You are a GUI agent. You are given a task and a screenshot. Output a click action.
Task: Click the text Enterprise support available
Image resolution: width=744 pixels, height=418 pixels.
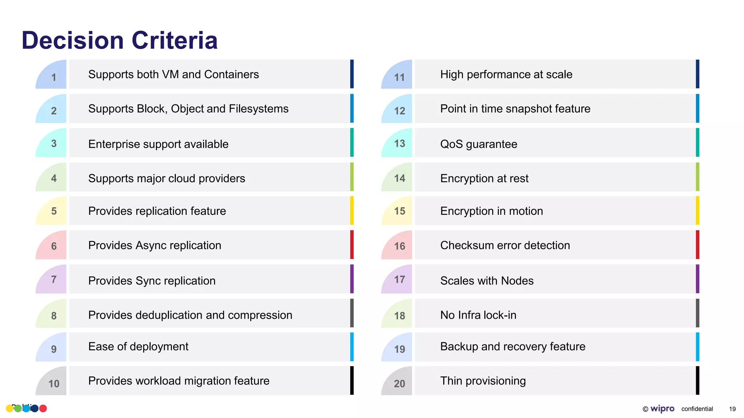tap(158, 144)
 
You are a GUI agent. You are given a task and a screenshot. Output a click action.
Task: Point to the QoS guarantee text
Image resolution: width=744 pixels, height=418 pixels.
tap(478, 144)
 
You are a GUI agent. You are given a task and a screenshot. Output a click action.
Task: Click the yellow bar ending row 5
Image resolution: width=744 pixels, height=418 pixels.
tap(352, 210)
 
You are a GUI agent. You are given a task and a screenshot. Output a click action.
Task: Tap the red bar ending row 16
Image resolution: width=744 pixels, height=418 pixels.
tap(697, 245)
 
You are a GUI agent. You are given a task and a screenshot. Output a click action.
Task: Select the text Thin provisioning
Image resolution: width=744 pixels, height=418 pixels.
tap(483, 381)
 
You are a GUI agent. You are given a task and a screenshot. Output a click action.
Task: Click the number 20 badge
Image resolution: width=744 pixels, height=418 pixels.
tap(399, 383)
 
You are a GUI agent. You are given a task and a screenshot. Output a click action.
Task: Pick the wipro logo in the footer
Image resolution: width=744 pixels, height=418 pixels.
tap(662, 409)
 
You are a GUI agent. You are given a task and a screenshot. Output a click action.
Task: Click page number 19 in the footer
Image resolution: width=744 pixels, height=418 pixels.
tap(732, 409)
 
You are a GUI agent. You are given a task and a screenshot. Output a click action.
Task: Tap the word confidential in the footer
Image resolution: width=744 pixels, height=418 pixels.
tap(697, 409)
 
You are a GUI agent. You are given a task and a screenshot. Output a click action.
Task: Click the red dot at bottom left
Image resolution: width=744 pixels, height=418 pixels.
tap(43, 409)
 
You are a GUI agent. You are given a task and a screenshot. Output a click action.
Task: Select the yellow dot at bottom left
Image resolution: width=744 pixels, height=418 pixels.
tap(9, 409)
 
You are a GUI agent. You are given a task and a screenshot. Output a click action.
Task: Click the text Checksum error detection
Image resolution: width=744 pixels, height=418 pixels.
tap(505, 245)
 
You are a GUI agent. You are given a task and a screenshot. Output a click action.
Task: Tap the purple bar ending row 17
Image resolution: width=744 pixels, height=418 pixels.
tap(697, 279)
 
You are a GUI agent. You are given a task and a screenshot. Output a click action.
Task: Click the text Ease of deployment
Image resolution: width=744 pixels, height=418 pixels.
tap(138, 347)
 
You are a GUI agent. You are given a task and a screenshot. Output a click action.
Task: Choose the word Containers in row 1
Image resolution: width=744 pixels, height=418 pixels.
tap(231, 74)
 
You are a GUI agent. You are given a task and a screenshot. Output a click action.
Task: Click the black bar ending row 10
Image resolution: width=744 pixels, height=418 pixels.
tap(352, 380)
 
